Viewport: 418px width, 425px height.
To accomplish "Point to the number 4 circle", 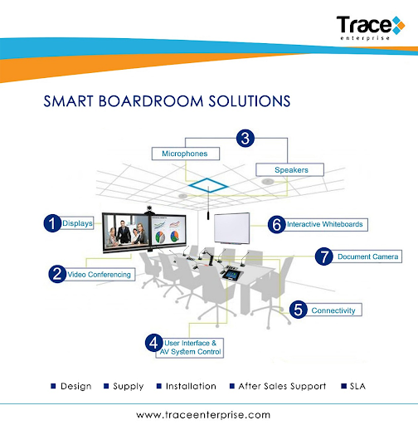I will click(153, 341).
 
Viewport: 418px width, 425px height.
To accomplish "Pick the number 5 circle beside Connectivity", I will click(298, 310).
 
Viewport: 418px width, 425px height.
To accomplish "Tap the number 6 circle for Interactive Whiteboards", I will click(277, 223).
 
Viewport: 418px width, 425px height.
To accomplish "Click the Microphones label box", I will click(185, 154).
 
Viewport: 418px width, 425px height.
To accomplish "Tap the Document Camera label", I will click(367, 256).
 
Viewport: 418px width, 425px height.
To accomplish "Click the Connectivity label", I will click(333, 310).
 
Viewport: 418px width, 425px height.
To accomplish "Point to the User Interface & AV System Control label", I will click(192, 346).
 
